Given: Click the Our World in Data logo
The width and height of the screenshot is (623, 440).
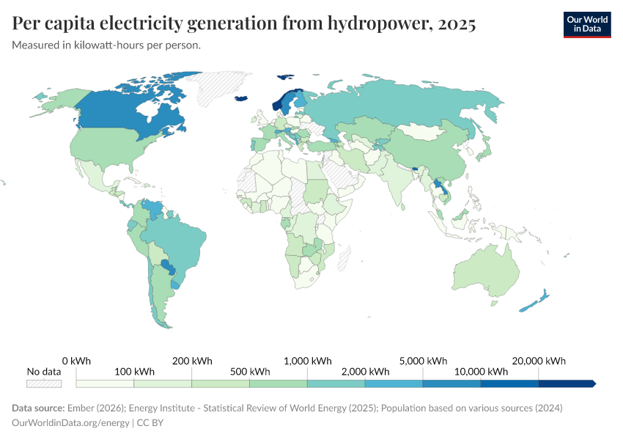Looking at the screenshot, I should point(586,24).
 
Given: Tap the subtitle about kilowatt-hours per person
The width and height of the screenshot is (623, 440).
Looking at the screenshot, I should point(107,45).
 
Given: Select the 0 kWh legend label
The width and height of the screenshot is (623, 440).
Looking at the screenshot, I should point(76,361).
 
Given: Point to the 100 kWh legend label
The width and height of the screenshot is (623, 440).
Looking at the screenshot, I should point(134,372).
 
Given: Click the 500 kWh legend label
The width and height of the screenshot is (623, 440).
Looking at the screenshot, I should point(249,372).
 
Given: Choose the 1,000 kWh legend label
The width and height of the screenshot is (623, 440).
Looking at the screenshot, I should point(307,361).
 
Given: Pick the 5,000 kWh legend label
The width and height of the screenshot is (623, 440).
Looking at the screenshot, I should point(423,361).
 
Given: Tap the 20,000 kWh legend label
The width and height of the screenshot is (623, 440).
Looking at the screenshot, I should point(539,361).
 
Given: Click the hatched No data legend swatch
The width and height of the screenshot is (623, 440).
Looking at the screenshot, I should point(44,384).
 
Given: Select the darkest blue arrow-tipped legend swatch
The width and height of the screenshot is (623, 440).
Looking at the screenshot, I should point(567,384).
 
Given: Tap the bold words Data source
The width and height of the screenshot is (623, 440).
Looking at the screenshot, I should point(37,408).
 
